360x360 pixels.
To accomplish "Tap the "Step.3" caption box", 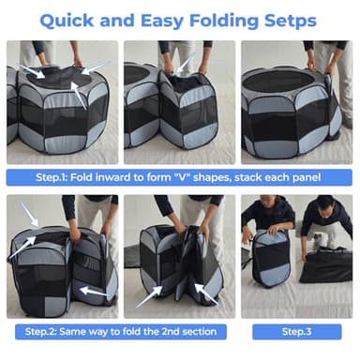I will (x=296, y=332).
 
